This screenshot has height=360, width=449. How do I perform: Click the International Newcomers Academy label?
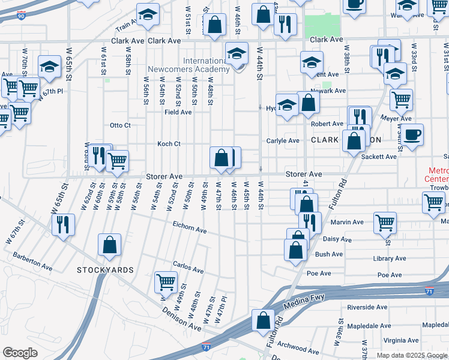(206, 65)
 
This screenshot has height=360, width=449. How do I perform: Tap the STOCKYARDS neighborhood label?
(105, 270)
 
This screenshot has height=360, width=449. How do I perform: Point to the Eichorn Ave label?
(189, 230)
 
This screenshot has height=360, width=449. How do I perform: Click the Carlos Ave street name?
(185, 265)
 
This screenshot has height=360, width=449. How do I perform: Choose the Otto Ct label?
(119, 125)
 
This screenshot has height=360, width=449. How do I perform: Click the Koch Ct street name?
(169, 144)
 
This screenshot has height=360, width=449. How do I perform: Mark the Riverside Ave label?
(368, 307)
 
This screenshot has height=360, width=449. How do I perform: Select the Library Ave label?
(390, 258)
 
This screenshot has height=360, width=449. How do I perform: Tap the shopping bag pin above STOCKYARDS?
(110, 245)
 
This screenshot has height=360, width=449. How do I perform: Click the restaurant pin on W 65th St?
(62, 224)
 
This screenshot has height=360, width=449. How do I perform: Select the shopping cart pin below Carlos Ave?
(166, 281)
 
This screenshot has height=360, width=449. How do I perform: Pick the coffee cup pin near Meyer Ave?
(412, 135)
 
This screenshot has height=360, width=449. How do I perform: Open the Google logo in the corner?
(20, 353)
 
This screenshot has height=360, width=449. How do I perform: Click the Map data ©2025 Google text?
(411, 355)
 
